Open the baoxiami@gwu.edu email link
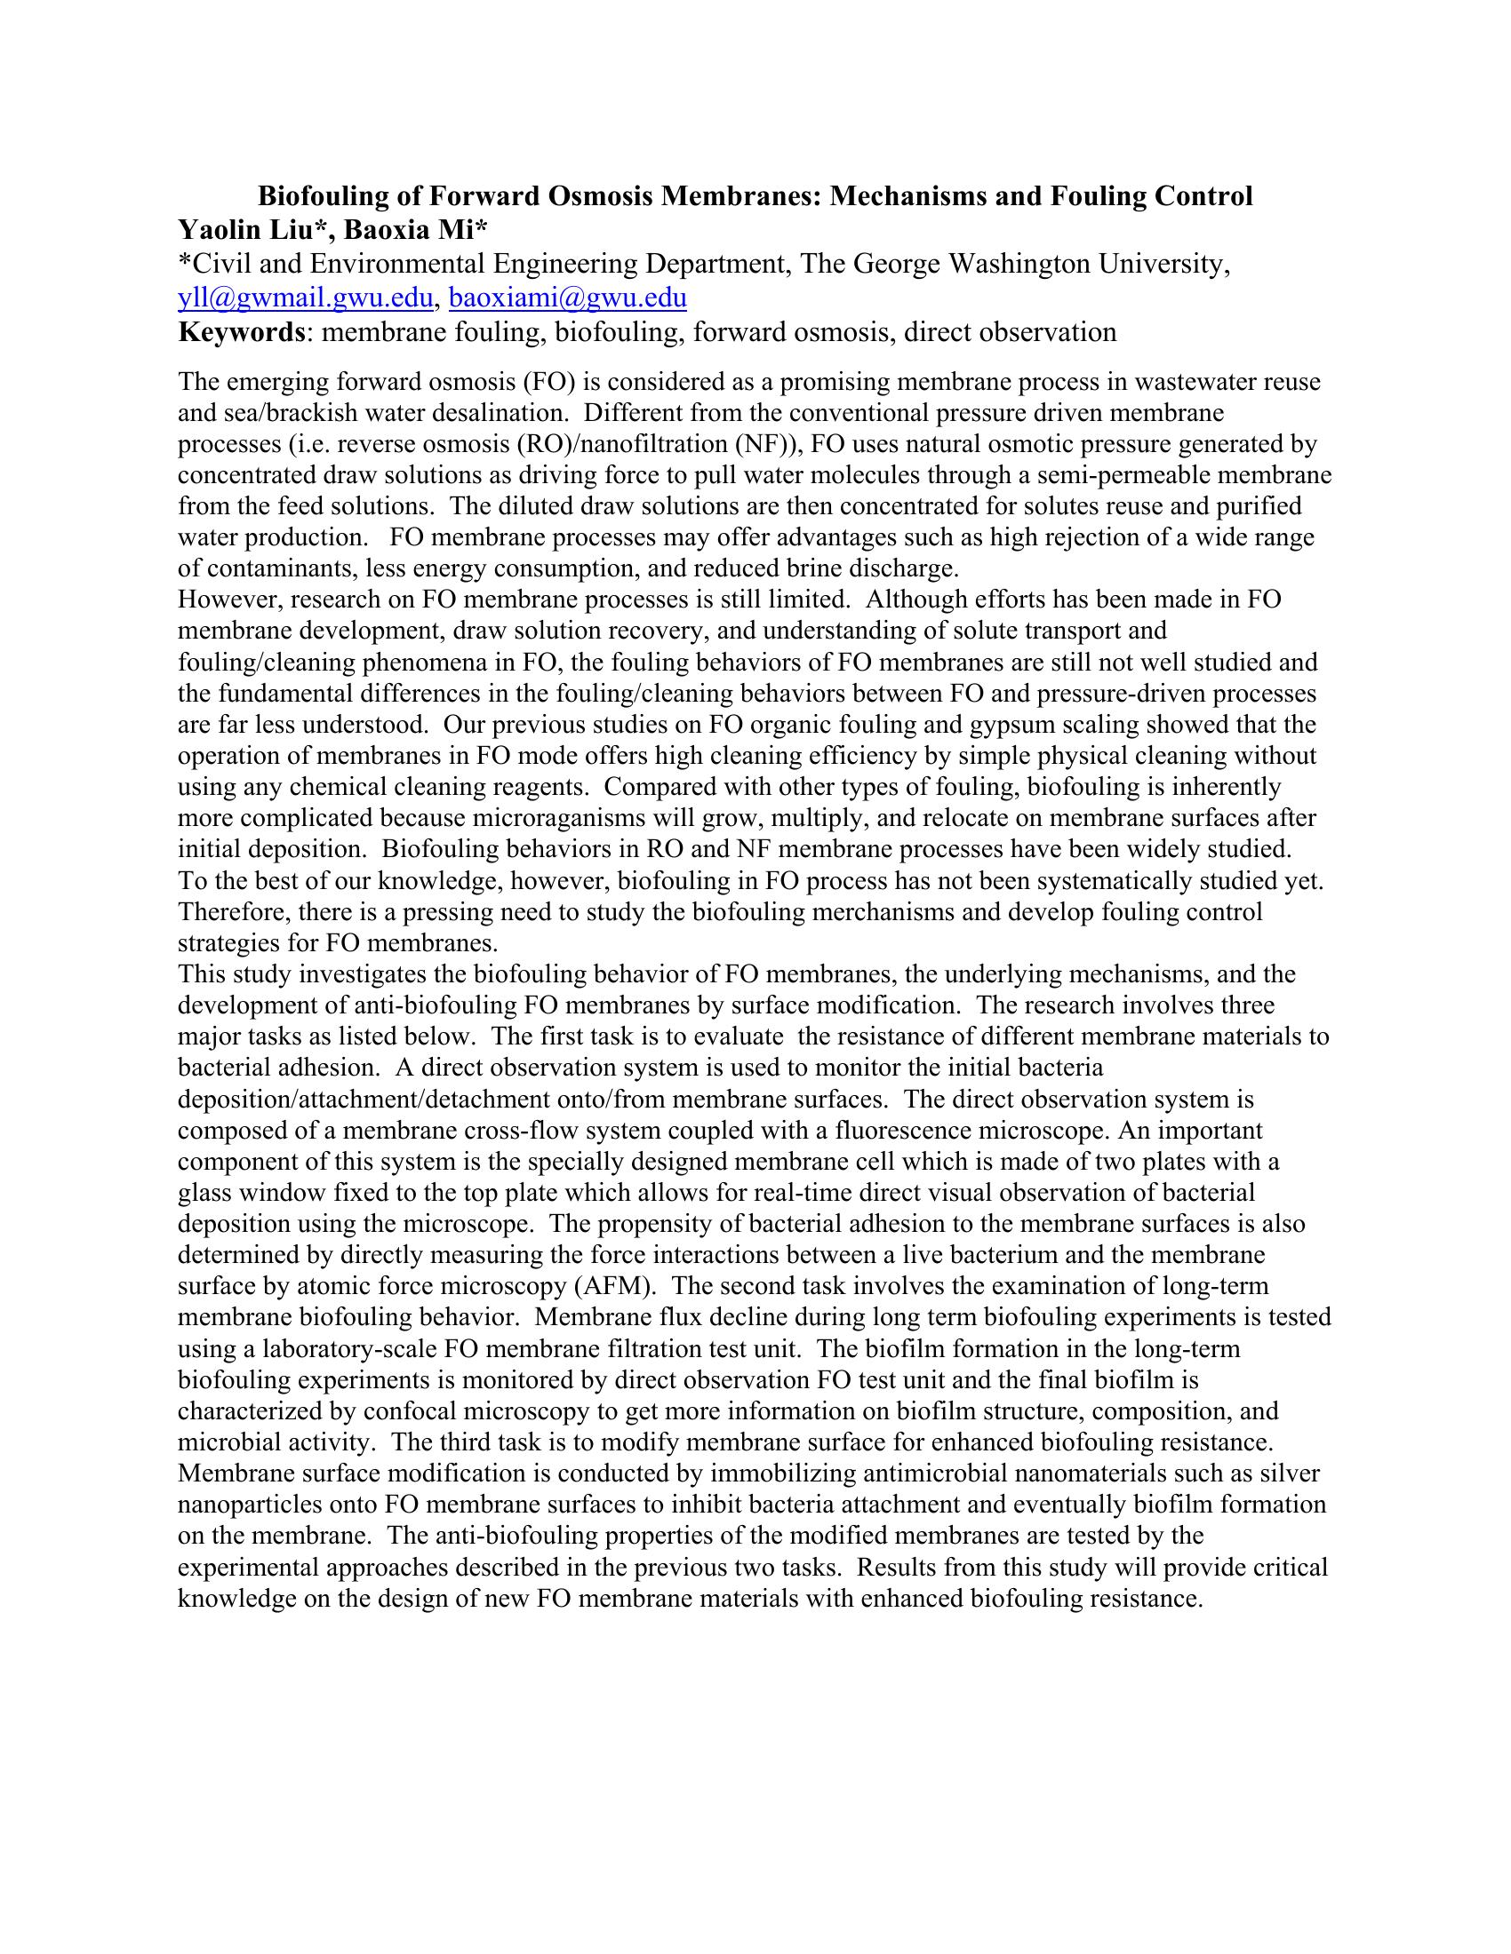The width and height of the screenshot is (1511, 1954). [568, 298]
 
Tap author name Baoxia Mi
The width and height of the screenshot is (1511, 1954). [411, 230]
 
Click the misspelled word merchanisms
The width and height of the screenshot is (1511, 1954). [910, 911]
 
